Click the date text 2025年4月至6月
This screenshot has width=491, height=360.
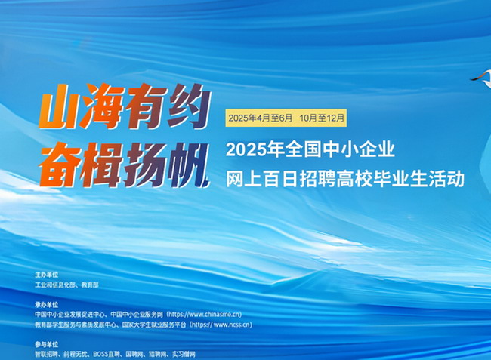click(x=260, y=118)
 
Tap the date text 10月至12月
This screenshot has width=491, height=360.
click(x=322, y=118)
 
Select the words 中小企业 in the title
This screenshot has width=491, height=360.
click(x=359, y=149)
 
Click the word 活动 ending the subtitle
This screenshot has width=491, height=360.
click(x=446, y=179)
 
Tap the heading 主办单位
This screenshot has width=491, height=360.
click(x=47, y=275)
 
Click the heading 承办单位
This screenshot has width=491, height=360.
click(x=47, y=305)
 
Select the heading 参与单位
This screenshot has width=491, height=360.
click(x=47, y=345)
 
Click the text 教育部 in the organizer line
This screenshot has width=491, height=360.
click(x=90, y=285)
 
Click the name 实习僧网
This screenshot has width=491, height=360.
click(x=184, y=355)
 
